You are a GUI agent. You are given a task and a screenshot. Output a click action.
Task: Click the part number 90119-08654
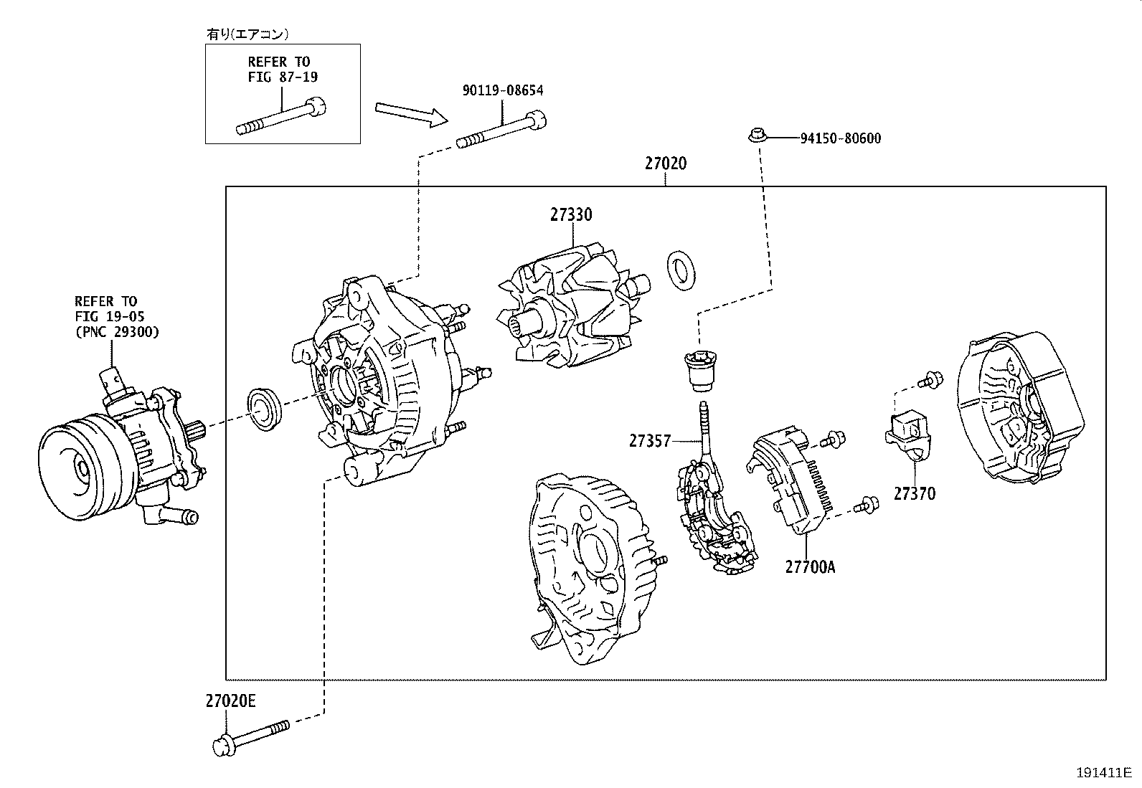[502, 90]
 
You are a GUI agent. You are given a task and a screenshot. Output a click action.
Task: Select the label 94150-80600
[840, 138]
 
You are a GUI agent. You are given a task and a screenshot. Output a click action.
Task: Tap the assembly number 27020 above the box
[665, 163]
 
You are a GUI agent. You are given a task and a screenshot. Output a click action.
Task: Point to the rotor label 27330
[572, 214]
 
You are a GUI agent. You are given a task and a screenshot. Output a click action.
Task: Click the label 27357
[650, 441]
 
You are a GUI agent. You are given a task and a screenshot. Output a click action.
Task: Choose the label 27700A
[810, 566]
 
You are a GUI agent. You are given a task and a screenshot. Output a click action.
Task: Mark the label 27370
[914, 493]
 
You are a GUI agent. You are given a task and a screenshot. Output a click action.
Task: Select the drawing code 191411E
[1102, 772]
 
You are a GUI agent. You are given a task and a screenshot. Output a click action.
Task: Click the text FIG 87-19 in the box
[283, 77]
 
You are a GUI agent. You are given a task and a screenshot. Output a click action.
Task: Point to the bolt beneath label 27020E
[251, 736]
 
